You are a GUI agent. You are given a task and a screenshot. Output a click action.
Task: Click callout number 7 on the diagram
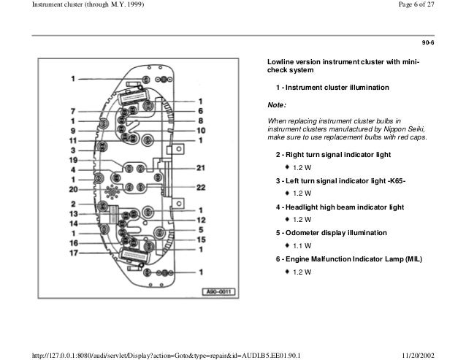pyautogui.click(x=74, y=111)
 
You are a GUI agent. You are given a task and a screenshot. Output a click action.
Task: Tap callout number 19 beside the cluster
pyautogui.click(x=74, y=159)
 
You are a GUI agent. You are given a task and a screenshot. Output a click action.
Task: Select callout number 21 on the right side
pyautogui.click(x=200, y=168)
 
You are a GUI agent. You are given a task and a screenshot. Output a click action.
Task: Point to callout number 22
pyautogui.click(x=200, y=188)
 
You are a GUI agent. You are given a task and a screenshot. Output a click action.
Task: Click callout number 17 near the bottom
pyautogui.click(x=74, y=253)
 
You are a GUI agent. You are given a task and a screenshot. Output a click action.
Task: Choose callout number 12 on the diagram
pyautogui.click(x=200, y=220)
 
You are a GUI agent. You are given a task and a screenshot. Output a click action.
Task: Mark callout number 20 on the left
pyautogui.click(x=74, y=188)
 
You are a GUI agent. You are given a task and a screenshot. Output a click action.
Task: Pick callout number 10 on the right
pyautogui.click(x=200, y=130)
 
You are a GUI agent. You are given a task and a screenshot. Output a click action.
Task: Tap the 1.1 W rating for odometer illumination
pyautogui.click(x=302, y=245)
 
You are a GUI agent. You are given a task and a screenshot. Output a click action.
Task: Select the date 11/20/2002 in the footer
pyautogui.click(x=440, y=354)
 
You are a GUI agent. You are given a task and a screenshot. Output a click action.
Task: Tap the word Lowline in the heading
pyautogui.click(x=281, y=62)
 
